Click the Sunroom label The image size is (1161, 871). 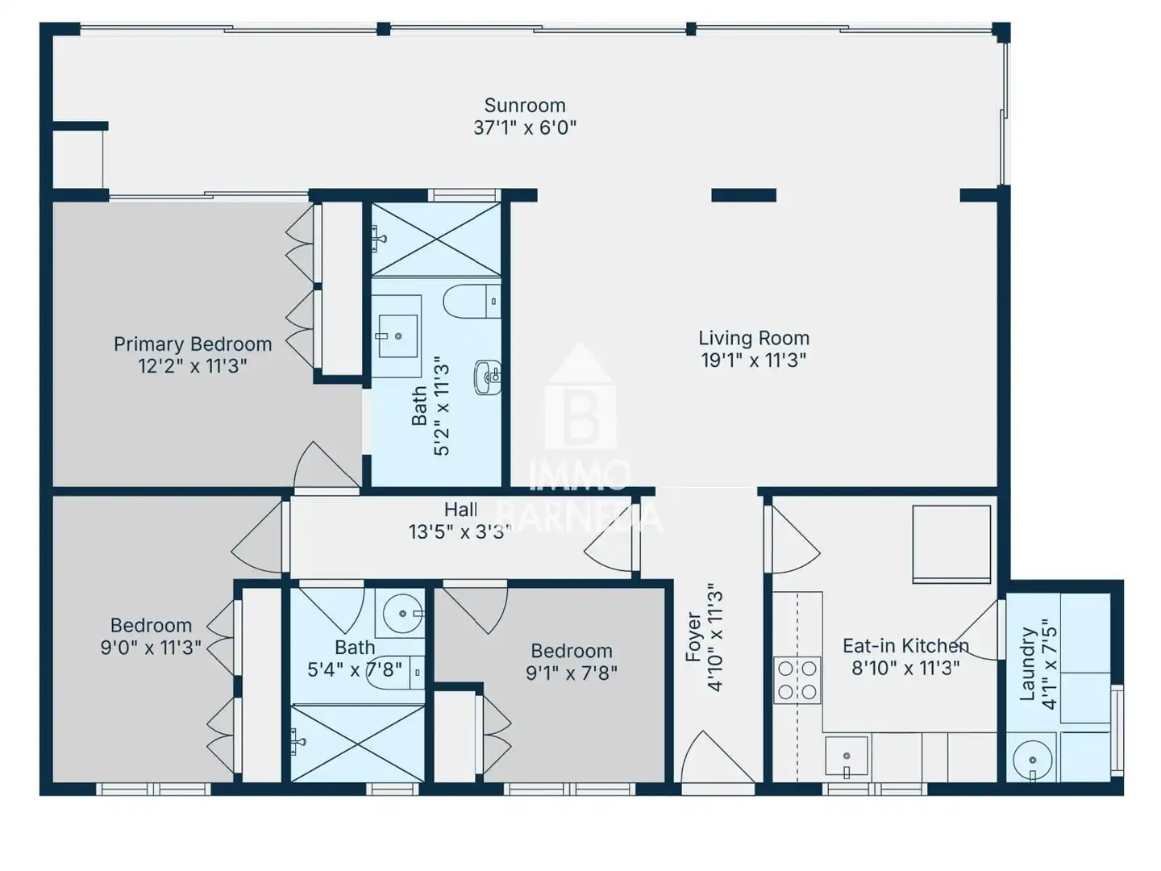tap(525, 105)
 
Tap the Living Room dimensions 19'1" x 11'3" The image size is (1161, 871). tap(754, 360)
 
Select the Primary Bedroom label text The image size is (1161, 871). tap(193, 344)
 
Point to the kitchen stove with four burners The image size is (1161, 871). tap(797, 680)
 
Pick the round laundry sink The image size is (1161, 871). tap(1032, 761)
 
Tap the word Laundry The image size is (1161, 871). tap(1026, 665)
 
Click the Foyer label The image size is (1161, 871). tap(693, 637)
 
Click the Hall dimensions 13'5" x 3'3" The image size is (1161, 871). tap(460, 531)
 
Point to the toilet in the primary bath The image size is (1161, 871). tap(472, 302)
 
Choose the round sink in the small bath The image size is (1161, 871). tap(403, 614)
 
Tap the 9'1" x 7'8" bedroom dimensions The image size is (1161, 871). tap(572, 673)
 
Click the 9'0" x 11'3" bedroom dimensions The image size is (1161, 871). tap(151, 648)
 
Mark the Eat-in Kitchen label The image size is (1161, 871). tap(905, 646)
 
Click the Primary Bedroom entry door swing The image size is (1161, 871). tap(327, 465)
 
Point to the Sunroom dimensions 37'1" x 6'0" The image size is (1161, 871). tap(525, 127)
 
